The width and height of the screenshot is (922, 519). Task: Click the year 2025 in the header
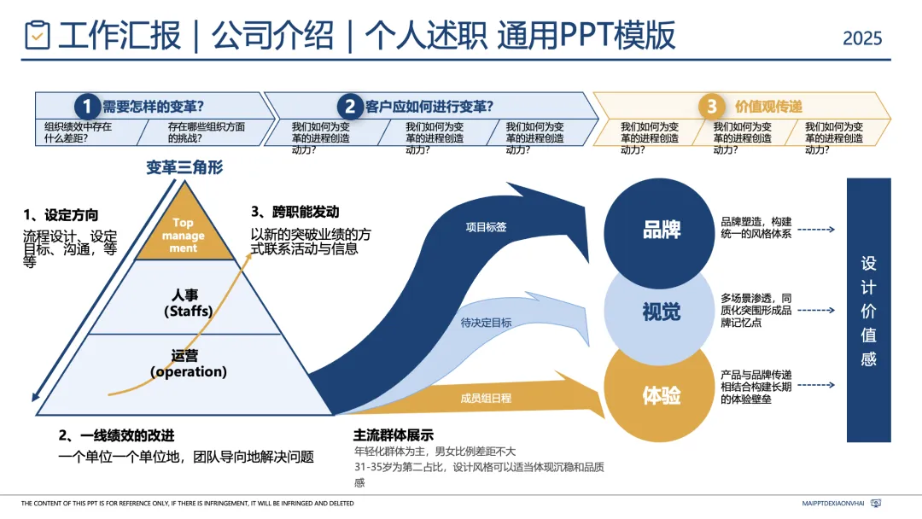click(x=862, y=38)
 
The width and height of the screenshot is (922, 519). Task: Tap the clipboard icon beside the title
click(x=38, y=36)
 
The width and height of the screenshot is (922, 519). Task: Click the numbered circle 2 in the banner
click(x=350, y=107)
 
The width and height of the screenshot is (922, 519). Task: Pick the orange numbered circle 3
click(x=711, y=107)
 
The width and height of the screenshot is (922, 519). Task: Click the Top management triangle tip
click(x=184, y=235)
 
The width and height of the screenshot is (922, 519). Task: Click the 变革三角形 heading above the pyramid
click(x=184, y=167)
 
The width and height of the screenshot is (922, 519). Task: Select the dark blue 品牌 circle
click(x=661, y=230)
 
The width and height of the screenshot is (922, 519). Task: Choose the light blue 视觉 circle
click(x=661, y=313)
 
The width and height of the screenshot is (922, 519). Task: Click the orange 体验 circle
click(x=661, y=396)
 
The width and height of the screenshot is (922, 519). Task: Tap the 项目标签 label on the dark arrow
click(x=486, y=227)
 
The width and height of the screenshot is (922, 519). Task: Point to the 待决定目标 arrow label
click(x=486, y=323)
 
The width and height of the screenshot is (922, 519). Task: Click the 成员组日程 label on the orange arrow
click(x=486, y=398)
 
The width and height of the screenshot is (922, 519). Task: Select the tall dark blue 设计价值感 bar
click(x=868, y=310)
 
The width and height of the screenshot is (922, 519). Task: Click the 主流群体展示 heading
click(x=394, y=434)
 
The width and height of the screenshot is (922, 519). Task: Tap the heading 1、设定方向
click(x=61, y=215)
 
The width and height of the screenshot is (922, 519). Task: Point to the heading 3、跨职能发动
click(x=295, y=212)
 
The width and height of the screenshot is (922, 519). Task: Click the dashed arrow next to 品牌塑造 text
click(x=818, y=229)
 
